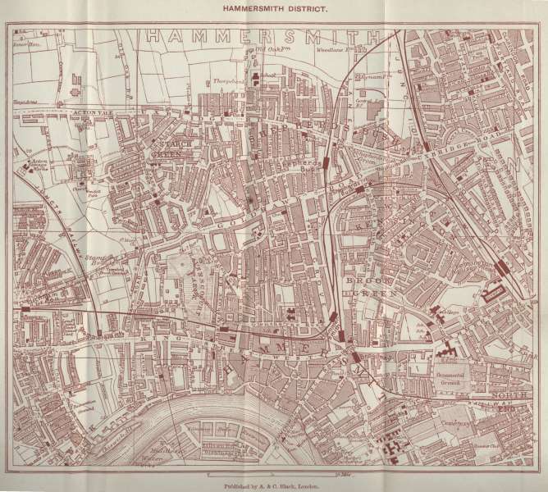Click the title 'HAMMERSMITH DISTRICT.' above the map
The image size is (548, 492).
point(274,10)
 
